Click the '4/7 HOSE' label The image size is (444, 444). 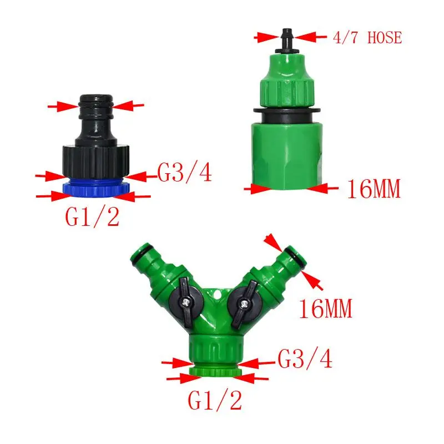[x=367, y=38]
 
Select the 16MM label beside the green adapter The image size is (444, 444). [x=374, y=189]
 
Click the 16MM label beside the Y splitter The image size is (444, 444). [x=326, y=309]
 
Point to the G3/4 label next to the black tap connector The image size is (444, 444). [x=184, y=173]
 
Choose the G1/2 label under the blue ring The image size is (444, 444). [x=92, y=216]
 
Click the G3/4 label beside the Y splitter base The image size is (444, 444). [x=305, y=359]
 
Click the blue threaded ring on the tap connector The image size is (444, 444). [x=96, y=188]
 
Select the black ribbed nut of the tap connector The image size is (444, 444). [x=96, y=162]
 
